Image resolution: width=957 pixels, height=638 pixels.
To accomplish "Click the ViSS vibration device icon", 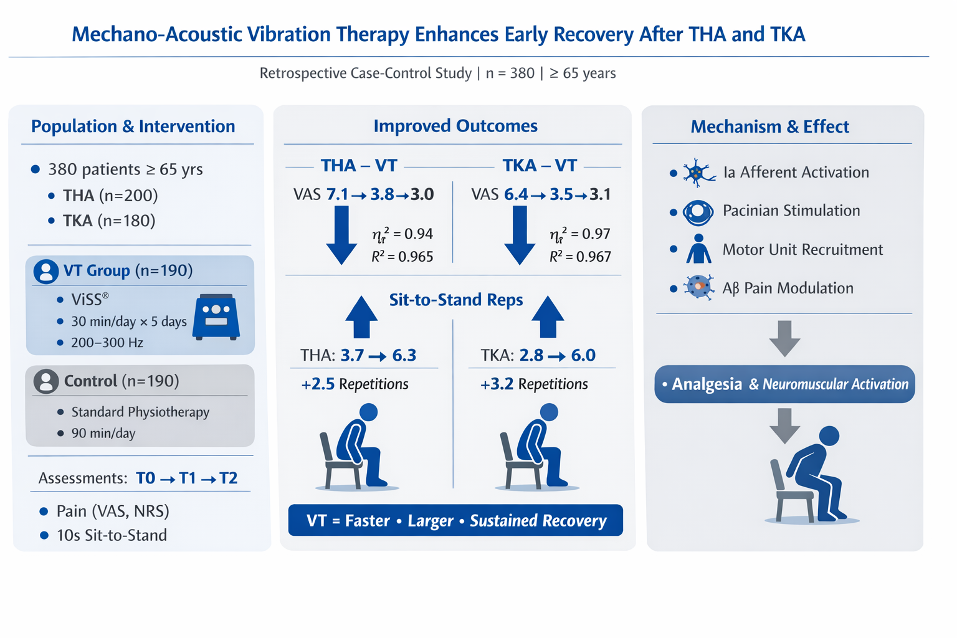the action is tap(216, 317).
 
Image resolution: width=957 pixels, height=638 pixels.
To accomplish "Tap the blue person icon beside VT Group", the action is tap(46, 272).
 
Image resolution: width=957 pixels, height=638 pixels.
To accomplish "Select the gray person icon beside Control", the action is tap(46, 381).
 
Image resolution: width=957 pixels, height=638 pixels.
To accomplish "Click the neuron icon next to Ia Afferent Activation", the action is tap(698, 173).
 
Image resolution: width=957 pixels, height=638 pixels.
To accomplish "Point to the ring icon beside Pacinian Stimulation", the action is tap(698, 212).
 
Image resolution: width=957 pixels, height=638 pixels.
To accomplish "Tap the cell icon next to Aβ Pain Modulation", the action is tap(698, 287).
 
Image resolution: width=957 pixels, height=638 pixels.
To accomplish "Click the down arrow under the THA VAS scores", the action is tap(341, 235).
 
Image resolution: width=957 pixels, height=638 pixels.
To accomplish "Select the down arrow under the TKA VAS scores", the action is tap(520, 235).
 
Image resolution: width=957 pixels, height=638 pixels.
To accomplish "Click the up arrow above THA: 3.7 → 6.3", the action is tap(361, 317).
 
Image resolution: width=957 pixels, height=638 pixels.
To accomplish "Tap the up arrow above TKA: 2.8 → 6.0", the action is tap(548, 317).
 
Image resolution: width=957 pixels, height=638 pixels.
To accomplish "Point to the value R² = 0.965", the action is tap(402, 257).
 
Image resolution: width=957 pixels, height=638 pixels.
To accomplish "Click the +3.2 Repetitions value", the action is tap(534, 384).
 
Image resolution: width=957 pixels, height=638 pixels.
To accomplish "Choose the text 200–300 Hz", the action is tap(107, 343).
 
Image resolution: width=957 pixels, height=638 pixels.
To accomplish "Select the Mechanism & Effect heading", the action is tap(770, 127).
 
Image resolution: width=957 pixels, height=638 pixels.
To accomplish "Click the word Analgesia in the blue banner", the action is tap(707, 384).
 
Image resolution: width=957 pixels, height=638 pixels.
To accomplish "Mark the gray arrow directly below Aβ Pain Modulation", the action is tap(785, 338).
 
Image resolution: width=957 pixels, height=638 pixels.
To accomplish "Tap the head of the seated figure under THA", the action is tap(368, 412).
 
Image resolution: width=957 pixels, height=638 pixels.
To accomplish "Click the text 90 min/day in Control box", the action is tap(103, 433).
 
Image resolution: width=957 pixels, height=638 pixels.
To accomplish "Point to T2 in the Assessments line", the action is tap(228, 478).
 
